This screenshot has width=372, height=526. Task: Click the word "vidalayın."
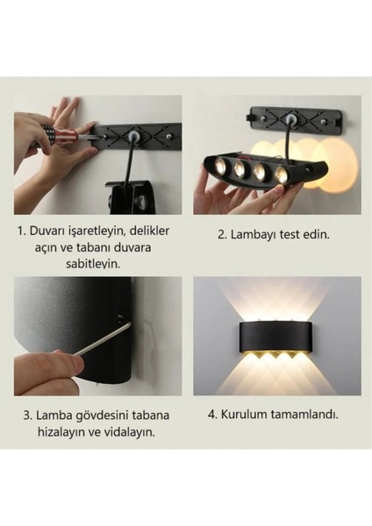tap(133, 431)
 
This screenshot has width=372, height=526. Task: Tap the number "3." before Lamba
tap(28, 415)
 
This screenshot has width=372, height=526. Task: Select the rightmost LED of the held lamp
tap(281, 175)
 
